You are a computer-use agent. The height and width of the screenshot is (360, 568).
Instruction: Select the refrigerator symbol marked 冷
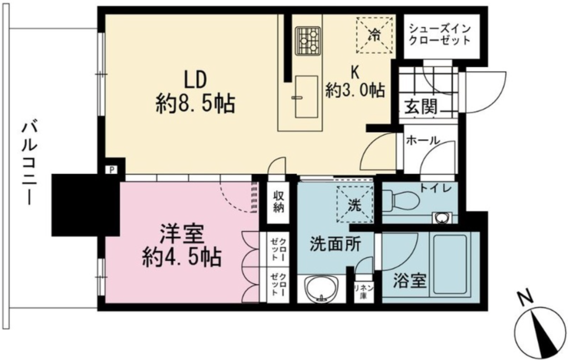click(374, 36)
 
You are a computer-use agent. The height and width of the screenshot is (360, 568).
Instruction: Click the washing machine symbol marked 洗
click(354, 205)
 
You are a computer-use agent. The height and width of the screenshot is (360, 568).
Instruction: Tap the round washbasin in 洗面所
click(321, 288)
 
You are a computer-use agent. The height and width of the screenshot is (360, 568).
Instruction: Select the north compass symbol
click(539, 327)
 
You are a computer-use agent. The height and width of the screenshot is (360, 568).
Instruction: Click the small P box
click(111, 170)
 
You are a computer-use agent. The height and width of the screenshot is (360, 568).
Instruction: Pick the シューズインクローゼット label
click(439, 34)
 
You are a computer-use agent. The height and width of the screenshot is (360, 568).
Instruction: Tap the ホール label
click(423, 140)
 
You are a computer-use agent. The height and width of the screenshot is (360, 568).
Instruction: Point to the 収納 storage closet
click(278, 202)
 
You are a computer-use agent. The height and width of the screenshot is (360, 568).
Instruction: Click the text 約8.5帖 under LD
click(196, 104)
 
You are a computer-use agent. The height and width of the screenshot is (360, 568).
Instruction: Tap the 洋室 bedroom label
click(182, 234)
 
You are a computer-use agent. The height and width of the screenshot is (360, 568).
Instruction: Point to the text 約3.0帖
click(355, 90)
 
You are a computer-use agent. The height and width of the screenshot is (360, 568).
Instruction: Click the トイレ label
click(435, 189)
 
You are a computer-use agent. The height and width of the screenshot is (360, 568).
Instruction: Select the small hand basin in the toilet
click(441, 218)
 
